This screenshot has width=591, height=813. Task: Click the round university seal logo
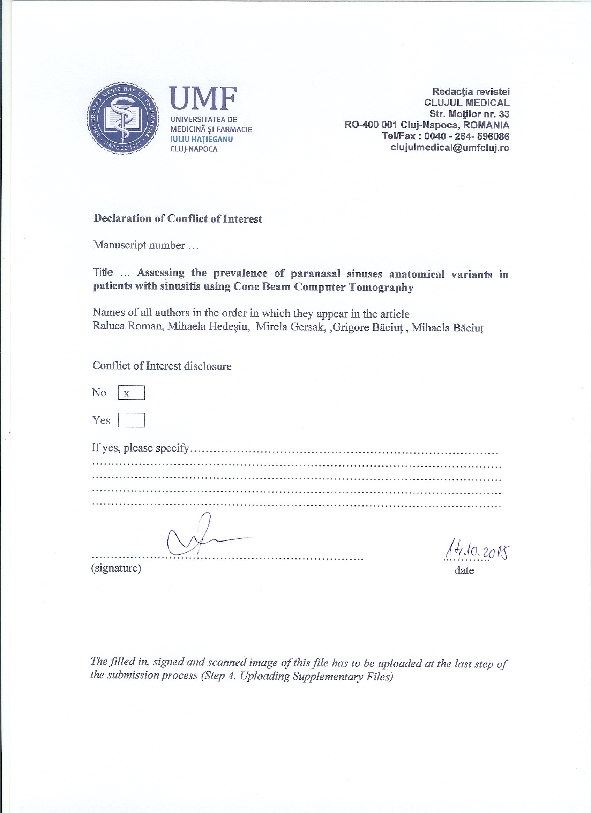pos(123,119)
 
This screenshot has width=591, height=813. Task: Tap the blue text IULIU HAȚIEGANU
pos(201,139)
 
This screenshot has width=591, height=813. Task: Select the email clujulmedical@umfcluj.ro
pos(450,147)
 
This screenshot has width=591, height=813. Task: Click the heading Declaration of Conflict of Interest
pos(178,219)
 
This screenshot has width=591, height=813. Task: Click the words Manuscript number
pos(139,245)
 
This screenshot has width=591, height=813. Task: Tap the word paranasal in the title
pos(315,274)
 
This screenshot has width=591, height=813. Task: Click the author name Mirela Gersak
pos(290,327)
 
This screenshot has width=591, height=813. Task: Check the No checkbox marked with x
pos(131,393)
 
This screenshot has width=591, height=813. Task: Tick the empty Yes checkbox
pos(131,420)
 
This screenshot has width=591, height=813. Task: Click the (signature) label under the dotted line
pos(116,568)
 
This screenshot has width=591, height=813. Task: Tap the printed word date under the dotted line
pos(464,570)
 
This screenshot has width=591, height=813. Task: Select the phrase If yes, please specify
pos(141,448)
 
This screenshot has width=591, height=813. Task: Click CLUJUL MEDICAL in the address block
pos(467,103)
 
